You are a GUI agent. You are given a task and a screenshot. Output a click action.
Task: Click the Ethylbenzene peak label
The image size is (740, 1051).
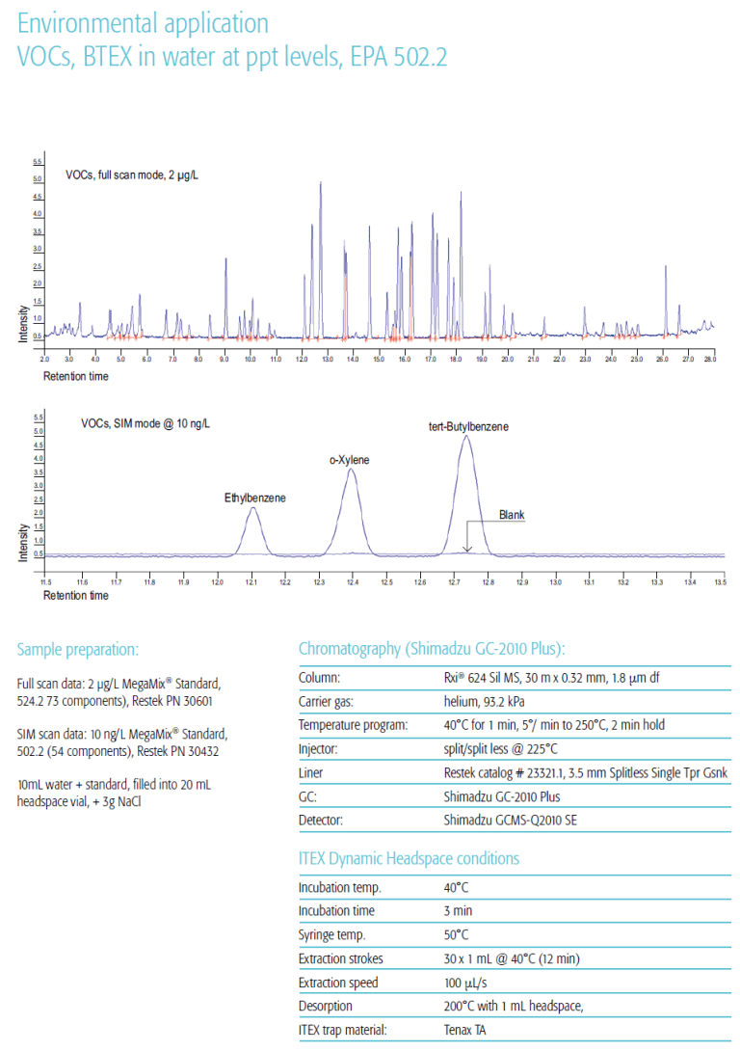coord(255,498)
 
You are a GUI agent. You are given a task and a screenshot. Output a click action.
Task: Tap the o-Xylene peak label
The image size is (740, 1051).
coord(350,460)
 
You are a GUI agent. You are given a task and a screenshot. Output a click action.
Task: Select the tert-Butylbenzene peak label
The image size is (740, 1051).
coord(469,425)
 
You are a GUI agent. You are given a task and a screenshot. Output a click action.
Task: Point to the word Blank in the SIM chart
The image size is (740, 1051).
coord(512,515)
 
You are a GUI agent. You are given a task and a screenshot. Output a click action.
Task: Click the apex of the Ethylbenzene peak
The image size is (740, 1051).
coord(252,508)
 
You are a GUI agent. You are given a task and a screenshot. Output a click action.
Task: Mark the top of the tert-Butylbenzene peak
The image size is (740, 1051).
coord(466,437)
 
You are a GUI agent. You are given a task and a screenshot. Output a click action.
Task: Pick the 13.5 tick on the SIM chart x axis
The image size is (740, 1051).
coord(719,582)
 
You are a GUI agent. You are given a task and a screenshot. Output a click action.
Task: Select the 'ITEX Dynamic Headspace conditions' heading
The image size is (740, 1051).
coord(409,858)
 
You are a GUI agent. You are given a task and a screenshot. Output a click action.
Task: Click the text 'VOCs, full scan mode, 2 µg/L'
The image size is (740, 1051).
coord(132,175)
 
